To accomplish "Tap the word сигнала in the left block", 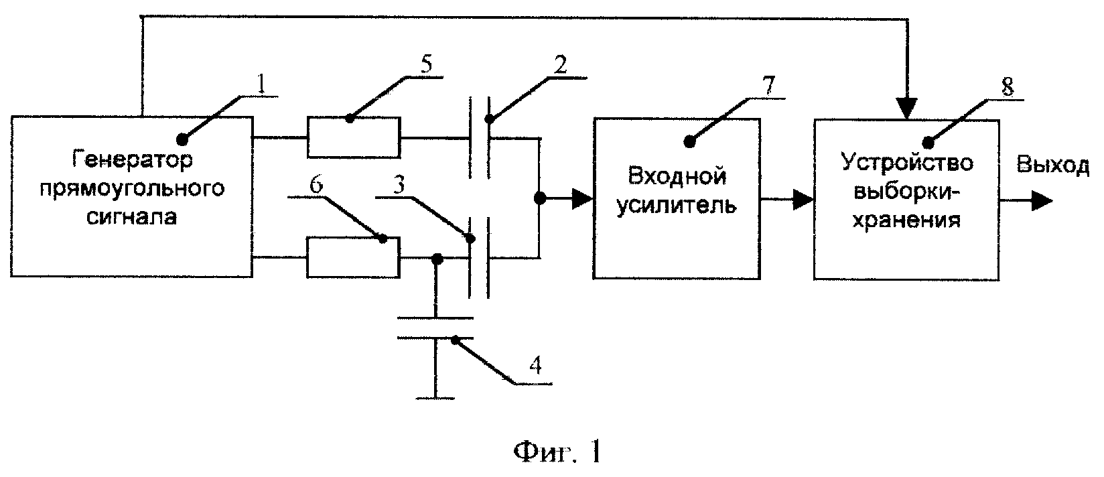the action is (131, 217).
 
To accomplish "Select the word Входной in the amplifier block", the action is (677, 177).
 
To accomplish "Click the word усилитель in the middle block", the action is (677, 205).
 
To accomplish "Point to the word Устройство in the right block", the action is (907, 163).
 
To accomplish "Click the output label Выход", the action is (1052, 165).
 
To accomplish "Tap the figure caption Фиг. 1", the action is (557, 452).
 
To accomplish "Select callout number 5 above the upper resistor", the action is (426, 65).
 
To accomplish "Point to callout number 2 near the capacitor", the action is (560, 64).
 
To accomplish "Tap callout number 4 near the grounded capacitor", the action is (535, 365).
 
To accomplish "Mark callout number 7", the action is (768, 86).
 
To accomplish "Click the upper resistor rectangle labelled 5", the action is (354, 137).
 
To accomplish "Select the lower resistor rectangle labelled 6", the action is (354, 257).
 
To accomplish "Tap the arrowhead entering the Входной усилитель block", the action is (583, 199).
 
